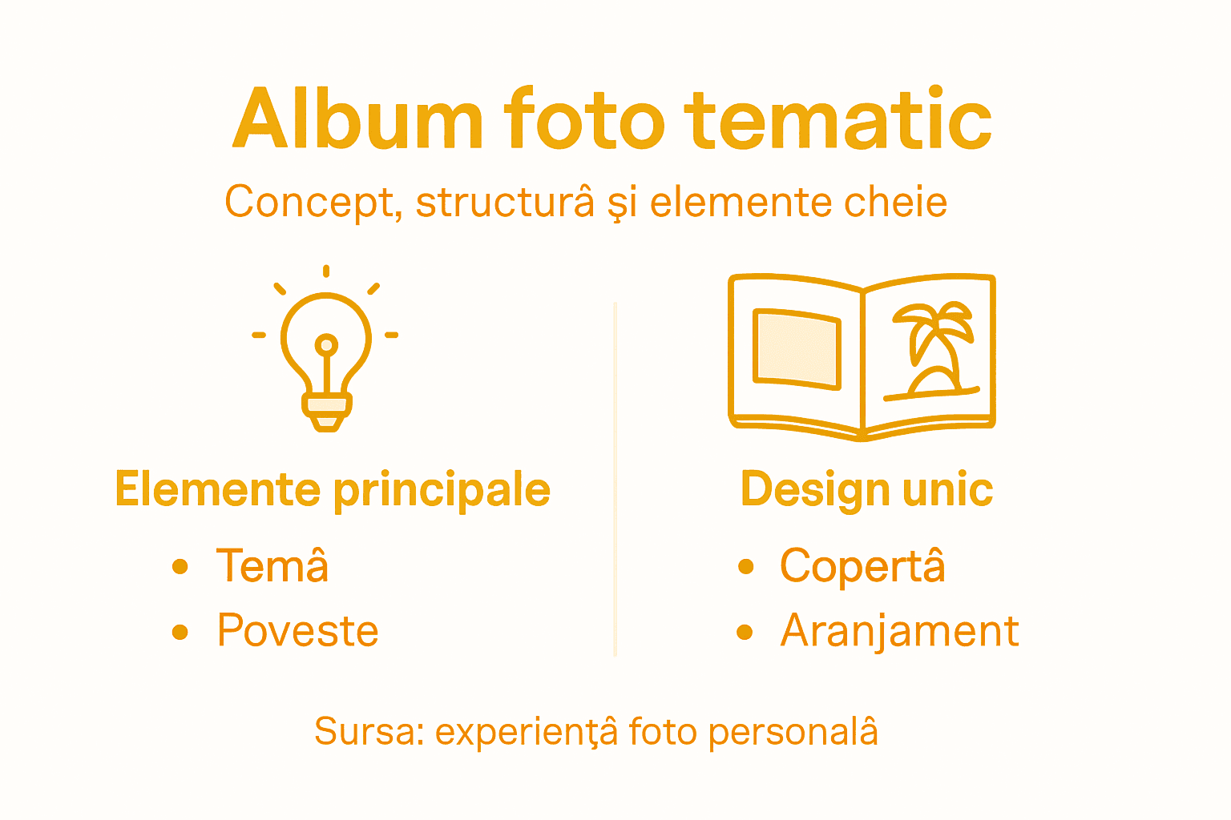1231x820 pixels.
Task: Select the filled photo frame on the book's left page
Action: [x=797, y=350]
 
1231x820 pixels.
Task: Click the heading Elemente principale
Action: [x=333, y=489]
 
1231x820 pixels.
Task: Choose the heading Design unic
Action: [x=866, y=489]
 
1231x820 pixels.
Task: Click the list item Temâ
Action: [x=272, y=565]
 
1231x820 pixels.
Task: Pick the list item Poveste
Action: [x=297, y=630]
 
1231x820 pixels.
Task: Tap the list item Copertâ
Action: [x=862, y=565]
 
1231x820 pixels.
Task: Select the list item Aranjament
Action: [x=899, y=630]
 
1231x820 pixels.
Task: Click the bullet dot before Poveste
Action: [x=180, y=632]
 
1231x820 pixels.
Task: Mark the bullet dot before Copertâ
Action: [x=746, y=567]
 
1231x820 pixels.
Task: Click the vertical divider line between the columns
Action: [x=615, y=480]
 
